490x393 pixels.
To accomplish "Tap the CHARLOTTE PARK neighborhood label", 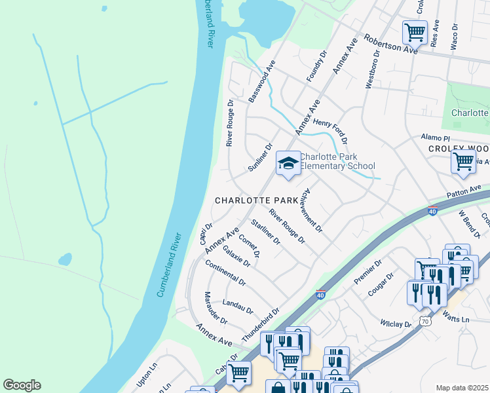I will pyautogui.click(x=257, y=200).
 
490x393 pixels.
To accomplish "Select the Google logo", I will pyautogui.click(x=21, y=385).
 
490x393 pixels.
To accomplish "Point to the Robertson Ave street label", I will pyautogui.click(x=391, y=44).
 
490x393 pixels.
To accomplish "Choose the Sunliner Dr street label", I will pyautogui.click(x=260, y=158).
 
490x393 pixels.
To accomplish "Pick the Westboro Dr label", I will pyautogui.click(x=372, y=73).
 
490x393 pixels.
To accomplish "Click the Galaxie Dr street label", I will pyautogui.click(x=236, y=255).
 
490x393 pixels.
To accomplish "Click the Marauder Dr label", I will pyautogui.click(x=216, y=309).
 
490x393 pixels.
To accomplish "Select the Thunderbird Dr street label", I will pyautogui.click(x=261, y=324).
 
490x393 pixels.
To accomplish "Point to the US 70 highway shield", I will pyautogui.click(x=425, y=322).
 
